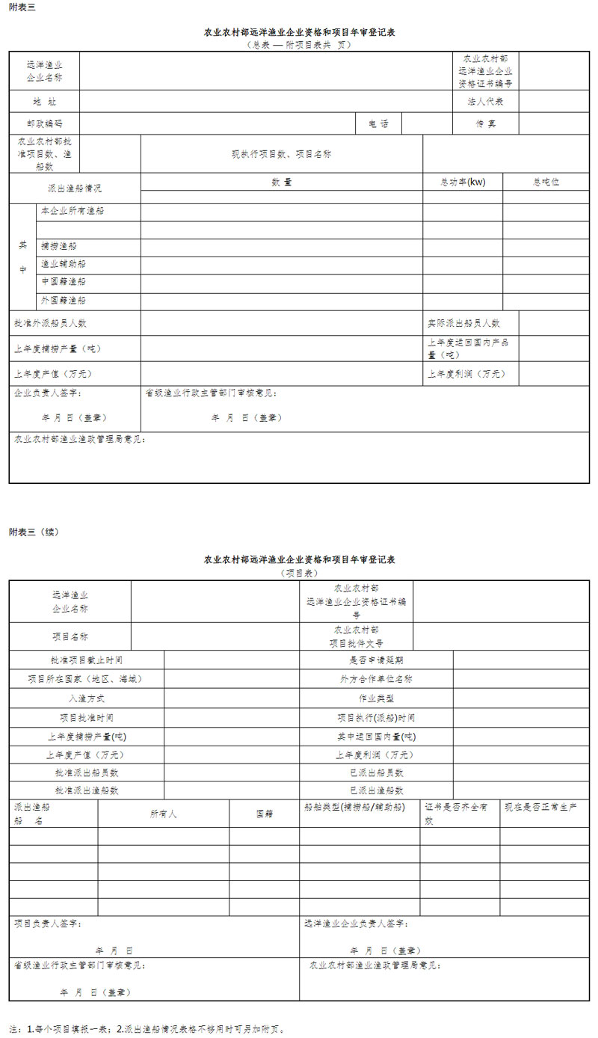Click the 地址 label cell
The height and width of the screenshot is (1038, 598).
(x=44, y=102)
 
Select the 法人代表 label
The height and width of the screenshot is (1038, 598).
(x=485, y=102)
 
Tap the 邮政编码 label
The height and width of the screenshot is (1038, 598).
(x=44, y=123)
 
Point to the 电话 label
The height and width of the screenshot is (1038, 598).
(x=378, y=123)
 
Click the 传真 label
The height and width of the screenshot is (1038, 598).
(x=485, y=123)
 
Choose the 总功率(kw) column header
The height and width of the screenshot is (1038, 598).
(x=463, y=182)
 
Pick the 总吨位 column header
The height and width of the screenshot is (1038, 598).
(x=546, y=182)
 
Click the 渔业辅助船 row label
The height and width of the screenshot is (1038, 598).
(x=64, y=264)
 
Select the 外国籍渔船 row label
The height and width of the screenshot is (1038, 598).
(x=64, y=301)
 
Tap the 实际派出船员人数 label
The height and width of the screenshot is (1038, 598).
(x=463, y=323)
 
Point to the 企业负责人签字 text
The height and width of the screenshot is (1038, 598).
(x=48, y=393)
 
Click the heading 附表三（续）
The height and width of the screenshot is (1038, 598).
(x=34, y=532)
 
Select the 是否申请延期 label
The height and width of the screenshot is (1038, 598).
(x=376, y=660)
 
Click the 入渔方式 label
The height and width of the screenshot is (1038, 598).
(x=86, y=698)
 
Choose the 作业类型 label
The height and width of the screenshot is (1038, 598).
(x=376, y=698)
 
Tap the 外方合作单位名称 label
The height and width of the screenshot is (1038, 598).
(x=376, y=680)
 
